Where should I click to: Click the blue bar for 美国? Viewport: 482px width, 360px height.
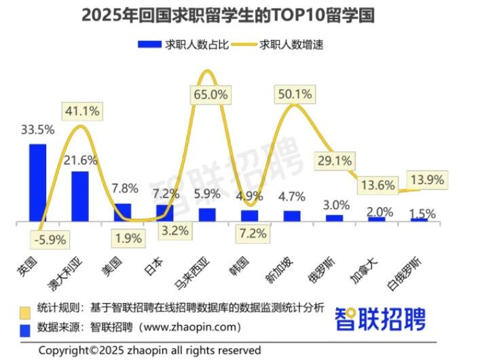click(x=122, y=212)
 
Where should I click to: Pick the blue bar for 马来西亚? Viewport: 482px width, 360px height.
click(x=207, y=215)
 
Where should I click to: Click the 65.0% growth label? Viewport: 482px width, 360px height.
click(x=210, y=95)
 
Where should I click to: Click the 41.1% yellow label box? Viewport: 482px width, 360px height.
click(x=82, y=110)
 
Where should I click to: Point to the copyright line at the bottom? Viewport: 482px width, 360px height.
click(x=149, y=350)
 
